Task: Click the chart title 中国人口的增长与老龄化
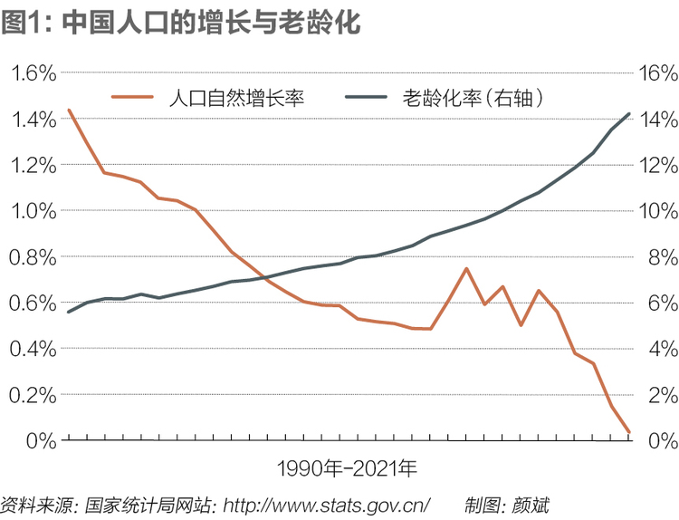click(x=211, y=23)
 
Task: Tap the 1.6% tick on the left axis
click(x=33, y=72)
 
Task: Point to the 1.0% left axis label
click(x=33, y=211)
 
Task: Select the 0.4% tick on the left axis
click(x=33, y=349)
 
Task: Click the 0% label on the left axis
click(x=41, y=441)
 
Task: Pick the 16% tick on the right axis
click(x=658, y=72)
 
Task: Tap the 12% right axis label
click(x=658, y=165)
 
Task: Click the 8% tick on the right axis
click(x=663, y=257)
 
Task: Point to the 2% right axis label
click(x=663, y=395)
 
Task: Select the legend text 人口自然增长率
click(x=236, y=98)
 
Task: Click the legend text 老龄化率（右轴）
click(x=473, y=98)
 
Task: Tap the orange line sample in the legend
click(x=132, y=97)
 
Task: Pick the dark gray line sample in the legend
click(x=366, y=97)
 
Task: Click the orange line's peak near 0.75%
click(x=466, y=269)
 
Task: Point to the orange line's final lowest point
click(x=629, y=431)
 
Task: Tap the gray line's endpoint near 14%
click(x=629, y=114)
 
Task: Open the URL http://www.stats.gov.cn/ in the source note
click(x=326, y=506)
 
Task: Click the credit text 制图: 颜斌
click(x=507, y=506)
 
